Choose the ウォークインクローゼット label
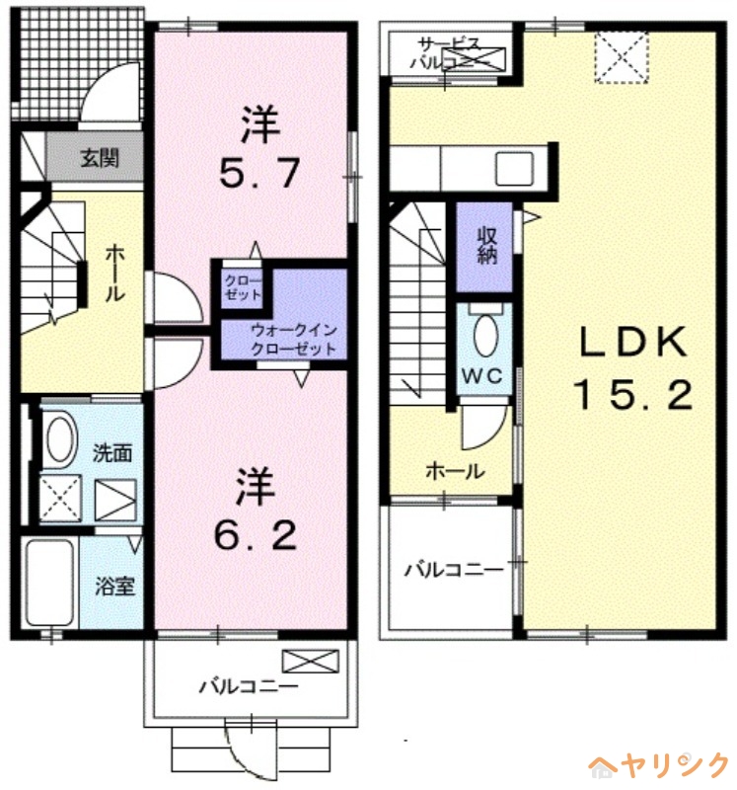tap(293, 341)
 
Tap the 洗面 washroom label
tap(112, 454)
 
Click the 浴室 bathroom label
tap(114, 586)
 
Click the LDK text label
tap(631, 344)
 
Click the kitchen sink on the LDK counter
tap(514, 169)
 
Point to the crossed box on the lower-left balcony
tap(302, 660)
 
